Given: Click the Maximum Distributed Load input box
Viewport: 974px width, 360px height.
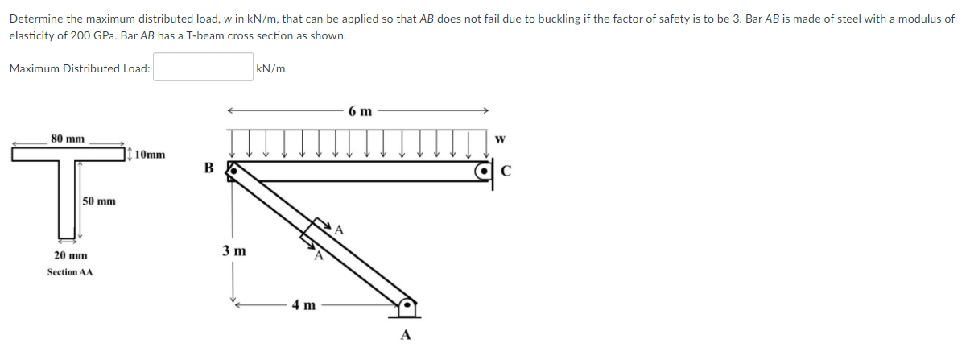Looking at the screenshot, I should [204, 68].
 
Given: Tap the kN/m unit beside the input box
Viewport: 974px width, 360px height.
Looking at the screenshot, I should [270, 69].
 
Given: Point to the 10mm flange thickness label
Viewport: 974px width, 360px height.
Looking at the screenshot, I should [151, 155].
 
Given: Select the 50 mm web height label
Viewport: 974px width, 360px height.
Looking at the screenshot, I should [99, 201].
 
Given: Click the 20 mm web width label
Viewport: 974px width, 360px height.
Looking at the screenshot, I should [70, 255].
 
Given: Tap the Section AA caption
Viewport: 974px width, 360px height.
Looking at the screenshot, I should [70, 272].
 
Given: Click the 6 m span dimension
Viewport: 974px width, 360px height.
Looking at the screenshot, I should [360, 111].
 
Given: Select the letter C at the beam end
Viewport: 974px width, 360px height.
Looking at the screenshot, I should [506, 170].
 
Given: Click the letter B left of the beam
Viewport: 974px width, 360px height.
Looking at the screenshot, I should [209, 168].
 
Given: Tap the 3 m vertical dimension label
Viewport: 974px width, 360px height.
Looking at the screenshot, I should [234, 250].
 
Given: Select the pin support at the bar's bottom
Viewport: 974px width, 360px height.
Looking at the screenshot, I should [408, 306].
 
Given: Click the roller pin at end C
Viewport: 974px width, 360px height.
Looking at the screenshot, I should [483, 171].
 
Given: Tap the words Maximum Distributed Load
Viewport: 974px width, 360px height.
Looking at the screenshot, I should [80, 69].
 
